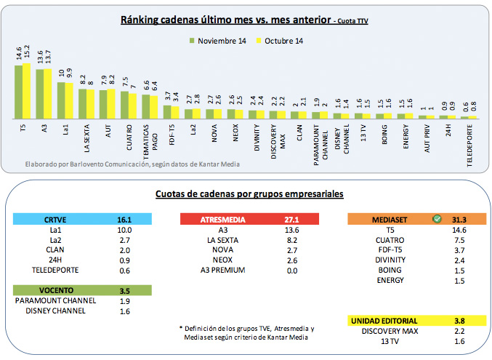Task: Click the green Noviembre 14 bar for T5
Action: click(x=18, y=91)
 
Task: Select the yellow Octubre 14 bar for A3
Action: click(x=48, y=93)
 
